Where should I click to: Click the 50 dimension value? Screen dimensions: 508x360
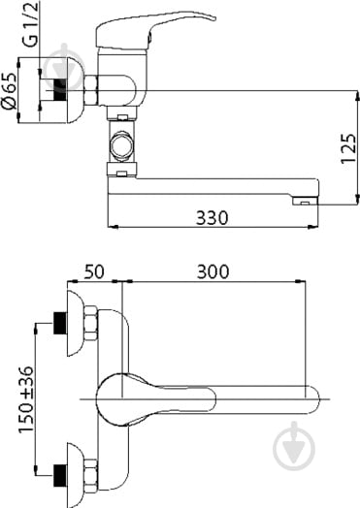click(x=95, y=270)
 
